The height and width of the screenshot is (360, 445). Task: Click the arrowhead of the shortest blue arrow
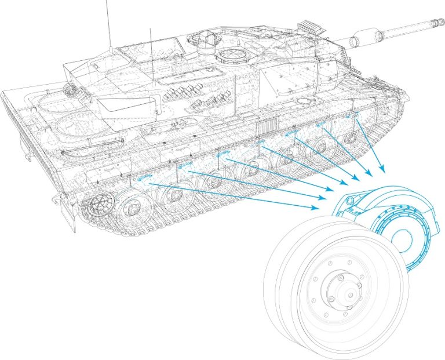point(383,172)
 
